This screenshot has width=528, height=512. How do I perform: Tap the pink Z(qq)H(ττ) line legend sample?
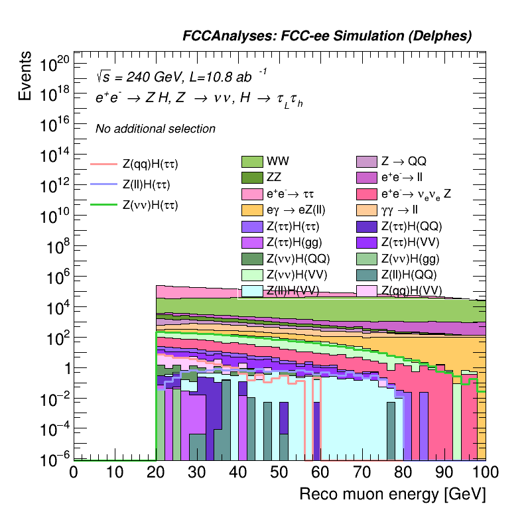103,163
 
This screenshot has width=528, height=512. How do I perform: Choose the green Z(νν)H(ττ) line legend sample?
103,206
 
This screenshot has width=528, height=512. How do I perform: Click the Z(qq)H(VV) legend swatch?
367,290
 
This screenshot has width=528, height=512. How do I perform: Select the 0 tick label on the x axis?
74,472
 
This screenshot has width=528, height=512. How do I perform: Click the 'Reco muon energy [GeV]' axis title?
393,495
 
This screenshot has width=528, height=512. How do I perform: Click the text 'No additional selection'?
155,129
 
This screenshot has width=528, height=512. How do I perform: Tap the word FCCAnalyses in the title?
222,36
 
